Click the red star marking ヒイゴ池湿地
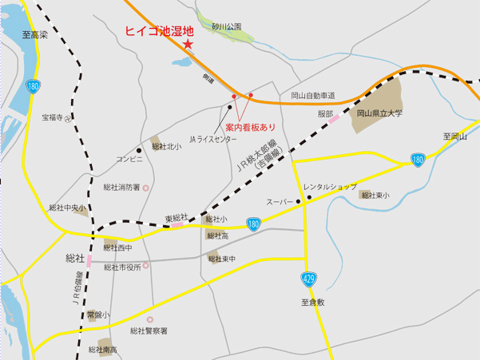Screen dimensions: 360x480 pyautogui.click(x=188, y=45)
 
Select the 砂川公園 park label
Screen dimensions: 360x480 pyautogui.click(x=227, y=26)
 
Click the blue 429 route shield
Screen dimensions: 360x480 pyautogui.click(x=307, y=279)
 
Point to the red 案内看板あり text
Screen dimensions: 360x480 pyautogui.click(x=249, y=127)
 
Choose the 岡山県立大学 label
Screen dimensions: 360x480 pyautogui.click(x=380, y=113)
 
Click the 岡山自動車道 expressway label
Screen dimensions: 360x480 pyautogui.click(x=313, y=95)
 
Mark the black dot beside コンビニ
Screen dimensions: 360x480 pyautogui.click(x=139, y=149)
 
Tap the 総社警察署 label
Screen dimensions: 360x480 pyautogui.click(x=148, y=330)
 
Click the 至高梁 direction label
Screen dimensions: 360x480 pyautogui.click(x=36, y=36)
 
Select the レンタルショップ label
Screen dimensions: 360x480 pyautogui.click(x=330, y=186)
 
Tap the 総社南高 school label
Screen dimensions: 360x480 pyautogui.click(x=104, y=350)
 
